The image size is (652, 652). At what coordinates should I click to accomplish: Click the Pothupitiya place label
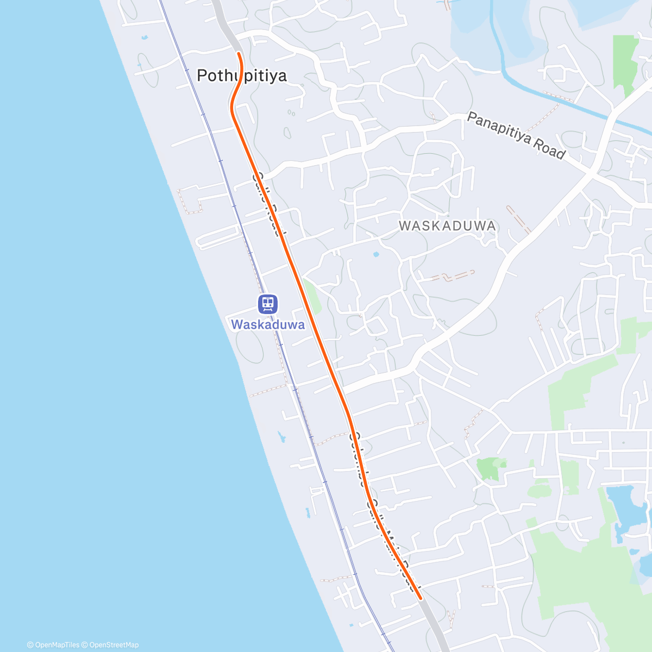tap(241, 76)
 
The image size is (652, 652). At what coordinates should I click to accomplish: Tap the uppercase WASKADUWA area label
tap(447, 226)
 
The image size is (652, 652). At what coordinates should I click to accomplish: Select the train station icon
tap(267, 304)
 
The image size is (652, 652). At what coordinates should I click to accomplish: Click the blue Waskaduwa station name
tap(267, 325)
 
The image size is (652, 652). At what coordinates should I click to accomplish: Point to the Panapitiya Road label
tap(516, 135)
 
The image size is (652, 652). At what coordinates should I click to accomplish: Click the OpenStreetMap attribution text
tap(114, 645)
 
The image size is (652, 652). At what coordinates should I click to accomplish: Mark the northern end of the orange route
tap(239, 53)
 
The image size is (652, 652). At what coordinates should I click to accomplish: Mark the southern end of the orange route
tap(421, 598)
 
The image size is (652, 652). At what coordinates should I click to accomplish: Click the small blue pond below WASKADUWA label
tap(376, 254)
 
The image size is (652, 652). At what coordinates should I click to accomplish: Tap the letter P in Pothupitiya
tap(203, 76)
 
